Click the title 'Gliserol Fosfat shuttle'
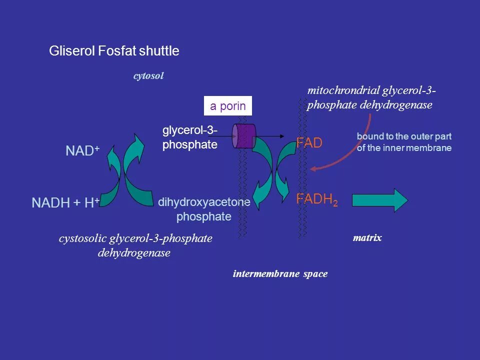114,51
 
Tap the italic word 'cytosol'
148,76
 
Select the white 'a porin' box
227,106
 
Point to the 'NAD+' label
82,151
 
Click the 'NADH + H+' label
65,203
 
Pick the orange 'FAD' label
309,143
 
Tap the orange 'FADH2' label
317,200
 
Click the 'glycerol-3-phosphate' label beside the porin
189,138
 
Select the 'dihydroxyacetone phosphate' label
204,209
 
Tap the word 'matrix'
367,238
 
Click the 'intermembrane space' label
280,274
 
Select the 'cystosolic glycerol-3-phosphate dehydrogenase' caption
135,246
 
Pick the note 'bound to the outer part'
403,135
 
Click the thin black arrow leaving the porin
270,136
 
